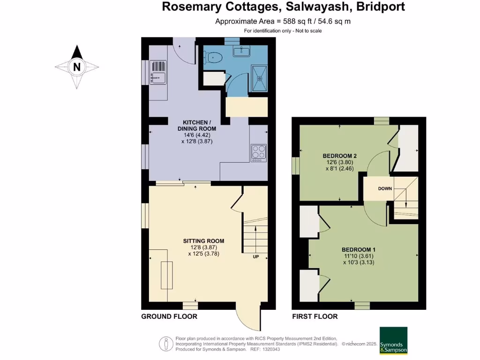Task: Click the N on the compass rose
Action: [77, 67]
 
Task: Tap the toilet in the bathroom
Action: [213, 58]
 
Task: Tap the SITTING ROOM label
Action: [203, 241]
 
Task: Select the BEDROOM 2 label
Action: [340, 156]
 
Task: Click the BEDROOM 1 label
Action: [358, 249]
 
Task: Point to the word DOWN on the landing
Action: [385, 188]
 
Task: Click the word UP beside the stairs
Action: [256, 257]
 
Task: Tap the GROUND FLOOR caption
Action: [169, 316]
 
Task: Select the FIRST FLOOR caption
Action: [315, 316]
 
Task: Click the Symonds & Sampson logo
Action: [393, 340]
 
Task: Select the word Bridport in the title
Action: [380, 7]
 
